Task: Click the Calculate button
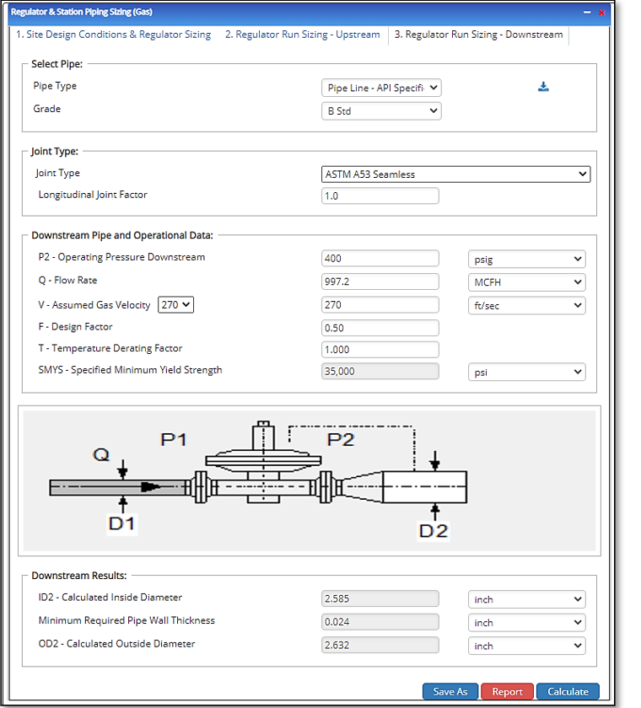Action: [568, 691]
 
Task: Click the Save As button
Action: [450, 691]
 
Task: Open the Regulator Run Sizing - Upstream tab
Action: [302, 35]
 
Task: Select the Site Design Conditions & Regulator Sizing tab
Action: [114, 35]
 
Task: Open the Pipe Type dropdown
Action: [381, 88]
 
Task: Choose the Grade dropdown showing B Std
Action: [381, 110]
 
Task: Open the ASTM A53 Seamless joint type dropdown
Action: [455, 174]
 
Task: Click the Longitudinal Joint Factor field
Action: [380, 196]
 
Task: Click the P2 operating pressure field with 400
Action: [380, 259]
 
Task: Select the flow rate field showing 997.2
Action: [380, 282]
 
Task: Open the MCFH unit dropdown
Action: [526, 282]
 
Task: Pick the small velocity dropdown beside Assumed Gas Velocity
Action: [176, 304]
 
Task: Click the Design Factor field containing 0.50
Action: [380, 327]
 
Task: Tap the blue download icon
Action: [544, 87]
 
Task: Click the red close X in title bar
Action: [602, 13]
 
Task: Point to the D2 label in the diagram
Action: [434, 531]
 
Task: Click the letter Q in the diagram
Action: [101, 455]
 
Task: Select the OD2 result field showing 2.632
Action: [380, 645]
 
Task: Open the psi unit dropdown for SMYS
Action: [526, 372]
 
